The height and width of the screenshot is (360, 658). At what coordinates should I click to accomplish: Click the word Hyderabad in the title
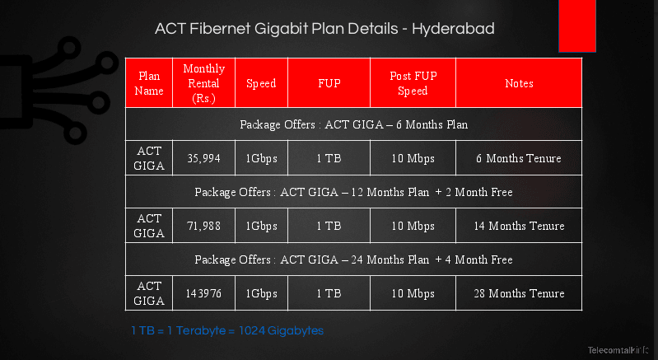click(x=453, y=29)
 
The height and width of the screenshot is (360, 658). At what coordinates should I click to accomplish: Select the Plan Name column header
click(x=149, y=83)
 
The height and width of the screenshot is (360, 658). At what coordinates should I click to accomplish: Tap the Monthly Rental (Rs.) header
click(x=203, y=83)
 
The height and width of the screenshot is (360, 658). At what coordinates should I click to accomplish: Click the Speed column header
click(x=261, y=83)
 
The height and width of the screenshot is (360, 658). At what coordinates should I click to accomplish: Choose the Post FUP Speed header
click(x=413, y=83)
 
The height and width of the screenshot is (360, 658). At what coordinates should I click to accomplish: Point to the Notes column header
click(x=519, y=83)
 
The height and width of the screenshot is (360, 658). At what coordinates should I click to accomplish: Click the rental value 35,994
click(x=203, y=158)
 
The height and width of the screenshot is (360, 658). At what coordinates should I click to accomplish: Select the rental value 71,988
click(x=203, y=226)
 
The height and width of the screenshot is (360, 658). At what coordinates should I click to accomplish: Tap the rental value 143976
click(x=203, y=293)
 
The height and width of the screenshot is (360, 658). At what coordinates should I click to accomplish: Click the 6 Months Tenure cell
click(x=519, y=158)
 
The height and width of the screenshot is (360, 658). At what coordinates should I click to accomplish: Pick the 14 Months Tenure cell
click(x=519, y=226)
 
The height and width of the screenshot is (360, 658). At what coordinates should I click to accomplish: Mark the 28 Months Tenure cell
click(x=519, y=293)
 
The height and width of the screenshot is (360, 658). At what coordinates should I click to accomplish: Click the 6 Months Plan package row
click(x=354, y=124)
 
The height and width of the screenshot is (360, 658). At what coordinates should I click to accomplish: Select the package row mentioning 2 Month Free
click(x=354, y=192)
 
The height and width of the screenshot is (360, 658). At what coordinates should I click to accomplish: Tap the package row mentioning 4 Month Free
click(x=354, y=259)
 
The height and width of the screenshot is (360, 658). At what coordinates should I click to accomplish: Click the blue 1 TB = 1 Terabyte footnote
click(x=227, y=330)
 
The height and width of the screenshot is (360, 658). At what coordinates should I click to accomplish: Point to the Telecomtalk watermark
click(x=618, y=350)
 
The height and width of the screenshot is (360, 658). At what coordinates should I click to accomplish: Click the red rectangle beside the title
click(x=577, y=26)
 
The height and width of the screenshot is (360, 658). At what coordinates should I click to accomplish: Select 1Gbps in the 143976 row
click(x=261, y=294)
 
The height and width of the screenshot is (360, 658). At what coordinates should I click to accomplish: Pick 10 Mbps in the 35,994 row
click(x=413, y=159)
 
